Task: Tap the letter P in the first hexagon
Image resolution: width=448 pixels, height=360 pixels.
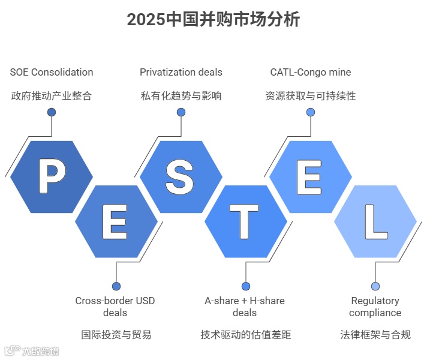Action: point(52,176)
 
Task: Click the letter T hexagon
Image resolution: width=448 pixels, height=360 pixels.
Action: point(245,221)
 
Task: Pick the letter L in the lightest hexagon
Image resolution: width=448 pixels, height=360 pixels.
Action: point(375,221)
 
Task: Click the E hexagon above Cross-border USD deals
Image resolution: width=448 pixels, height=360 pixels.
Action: point(116,221)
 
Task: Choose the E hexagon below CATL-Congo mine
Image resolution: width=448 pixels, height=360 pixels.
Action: point(310,176)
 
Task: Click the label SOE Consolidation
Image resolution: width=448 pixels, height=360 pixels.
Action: point(52,73)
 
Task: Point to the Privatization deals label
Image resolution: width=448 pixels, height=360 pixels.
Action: point(181,73)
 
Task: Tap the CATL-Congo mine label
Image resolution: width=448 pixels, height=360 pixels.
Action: point(311,73)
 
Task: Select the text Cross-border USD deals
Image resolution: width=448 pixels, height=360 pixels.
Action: point(115,307)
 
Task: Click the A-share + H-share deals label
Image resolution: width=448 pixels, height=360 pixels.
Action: point(245,307)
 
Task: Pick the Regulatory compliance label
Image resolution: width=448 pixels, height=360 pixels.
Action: point(375,307)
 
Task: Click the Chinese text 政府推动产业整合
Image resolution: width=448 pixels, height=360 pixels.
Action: point(52,96)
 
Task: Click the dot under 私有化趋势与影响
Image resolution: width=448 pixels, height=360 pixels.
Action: point(181,112)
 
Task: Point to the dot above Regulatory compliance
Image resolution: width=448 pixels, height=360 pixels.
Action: point(375,286)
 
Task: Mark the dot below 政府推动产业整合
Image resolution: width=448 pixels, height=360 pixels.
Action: point(52,112)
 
